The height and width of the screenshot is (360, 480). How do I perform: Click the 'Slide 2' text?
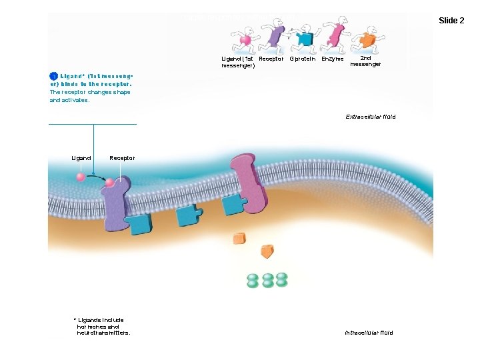click(x=451, y=21)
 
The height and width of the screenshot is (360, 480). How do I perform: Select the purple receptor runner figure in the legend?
click(x=274, y=37)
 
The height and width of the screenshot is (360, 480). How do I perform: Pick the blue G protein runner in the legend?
click(x=305, y=38)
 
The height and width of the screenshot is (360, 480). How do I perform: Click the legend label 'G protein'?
click(x=301, y=59)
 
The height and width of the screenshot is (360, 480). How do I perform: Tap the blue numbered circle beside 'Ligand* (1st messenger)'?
click(x=53, y=76)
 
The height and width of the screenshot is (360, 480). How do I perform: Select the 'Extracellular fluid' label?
click(x=370, y=117)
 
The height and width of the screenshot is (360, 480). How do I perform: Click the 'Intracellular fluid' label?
click(x=369, y=333)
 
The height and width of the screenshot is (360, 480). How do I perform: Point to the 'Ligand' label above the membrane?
click(x=81, y=158)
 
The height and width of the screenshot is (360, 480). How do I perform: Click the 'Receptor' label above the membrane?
click(x=122, y=158)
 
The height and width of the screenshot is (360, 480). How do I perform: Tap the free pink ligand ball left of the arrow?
click(x=81, y=177)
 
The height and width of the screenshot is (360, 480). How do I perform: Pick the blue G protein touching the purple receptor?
click(x=141, y=223)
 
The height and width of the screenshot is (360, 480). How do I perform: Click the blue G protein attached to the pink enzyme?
click(x=234, y=205)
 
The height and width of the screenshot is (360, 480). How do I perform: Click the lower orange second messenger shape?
click(x=267, y=251)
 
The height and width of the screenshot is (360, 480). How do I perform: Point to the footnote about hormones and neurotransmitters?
click(x=103, y=326)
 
